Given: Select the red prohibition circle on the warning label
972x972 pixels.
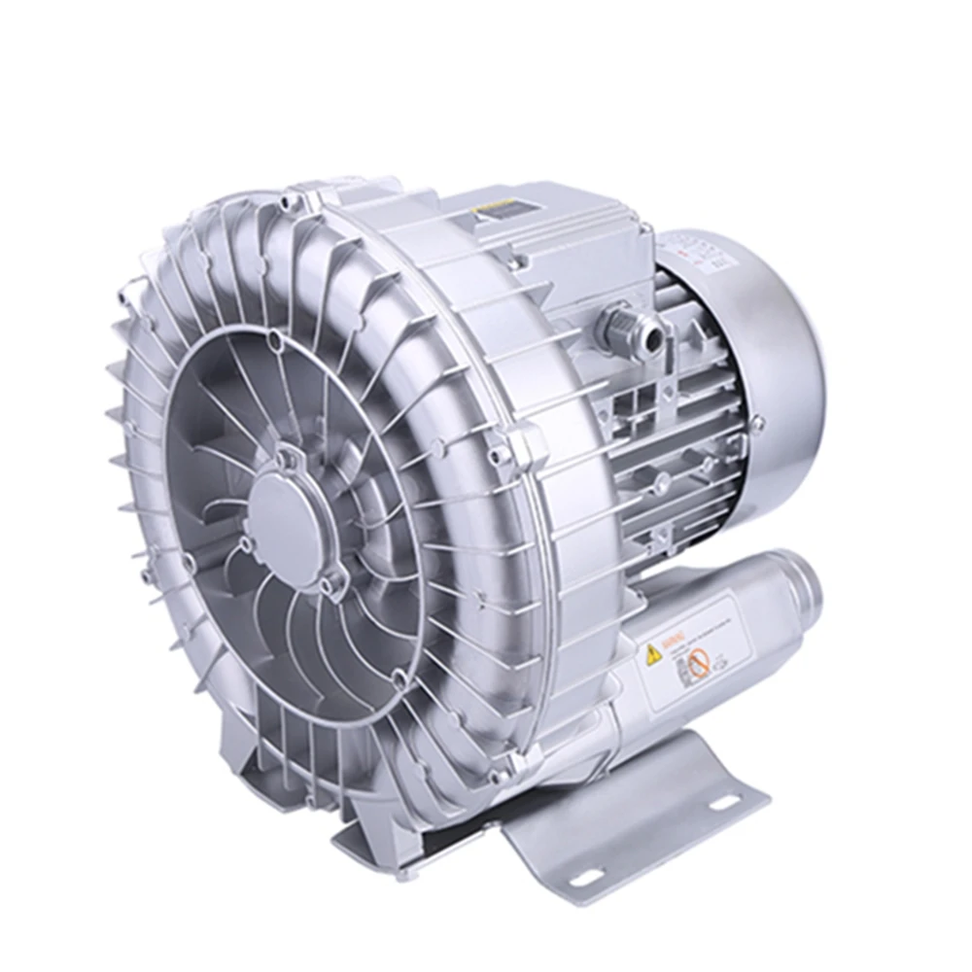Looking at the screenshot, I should click(x=697, y=665).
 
